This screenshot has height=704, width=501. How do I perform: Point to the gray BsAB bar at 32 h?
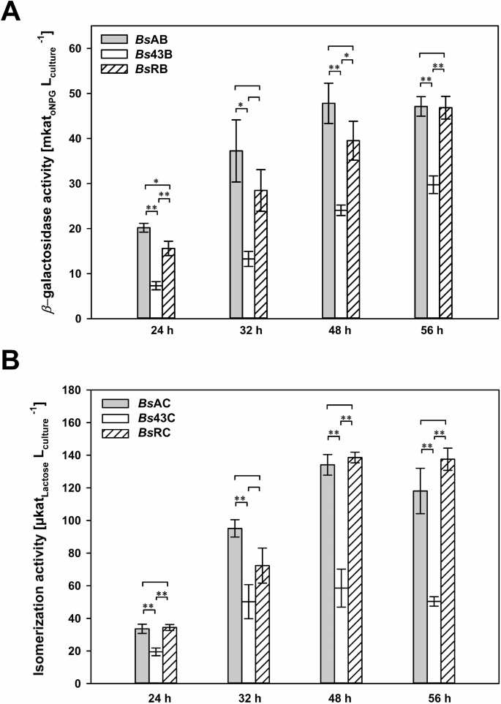pos(236,235)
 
